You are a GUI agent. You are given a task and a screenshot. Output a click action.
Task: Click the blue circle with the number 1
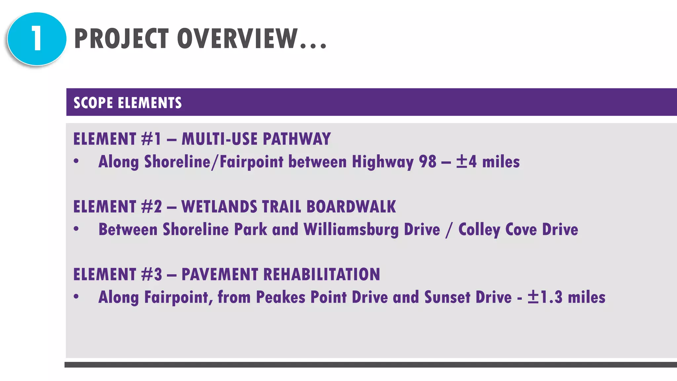coord(37,39)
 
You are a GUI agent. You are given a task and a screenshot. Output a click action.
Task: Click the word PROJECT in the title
coord(121,39)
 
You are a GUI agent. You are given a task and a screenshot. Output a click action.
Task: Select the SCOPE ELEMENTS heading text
coord(128,103)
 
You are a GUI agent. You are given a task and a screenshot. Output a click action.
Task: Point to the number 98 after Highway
coord(427,162)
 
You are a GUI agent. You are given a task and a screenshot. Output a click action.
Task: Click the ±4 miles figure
coord(488,162)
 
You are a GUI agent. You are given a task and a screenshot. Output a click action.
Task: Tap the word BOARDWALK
coord(351,207)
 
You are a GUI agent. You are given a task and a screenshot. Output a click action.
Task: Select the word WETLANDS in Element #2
coord(219,207)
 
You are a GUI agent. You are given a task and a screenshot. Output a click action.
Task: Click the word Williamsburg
coord(351,230)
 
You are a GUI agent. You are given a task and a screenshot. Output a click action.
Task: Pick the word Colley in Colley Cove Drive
coord(479,230)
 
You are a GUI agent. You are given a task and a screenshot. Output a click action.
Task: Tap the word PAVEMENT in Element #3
coord(219,275)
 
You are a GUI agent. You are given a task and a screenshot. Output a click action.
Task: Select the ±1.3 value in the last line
coord(545,297)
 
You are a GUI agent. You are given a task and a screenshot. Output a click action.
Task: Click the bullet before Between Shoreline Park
coord(76,229)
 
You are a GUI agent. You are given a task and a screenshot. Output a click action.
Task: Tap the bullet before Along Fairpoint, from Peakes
coord(76,296)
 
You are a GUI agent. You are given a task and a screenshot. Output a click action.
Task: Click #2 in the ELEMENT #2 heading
coord(151,207)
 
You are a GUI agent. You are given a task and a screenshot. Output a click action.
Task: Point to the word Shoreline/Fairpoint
coord(214,162)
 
